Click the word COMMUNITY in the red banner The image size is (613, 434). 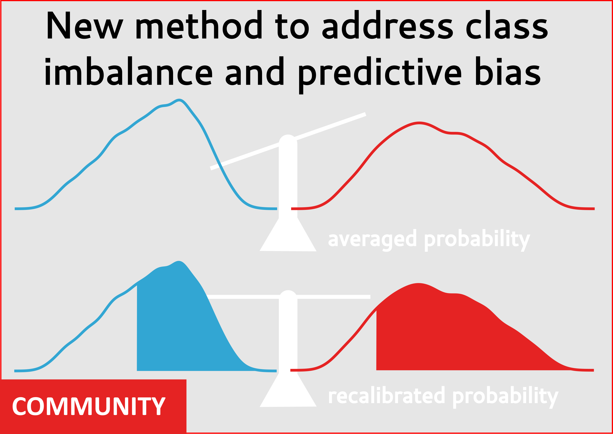[89, 406]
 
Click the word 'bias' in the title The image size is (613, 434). [508, 71]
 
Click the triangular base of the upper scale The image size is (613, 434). [288, 235]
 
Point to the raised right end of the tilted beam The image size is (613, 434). [365, 114]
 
